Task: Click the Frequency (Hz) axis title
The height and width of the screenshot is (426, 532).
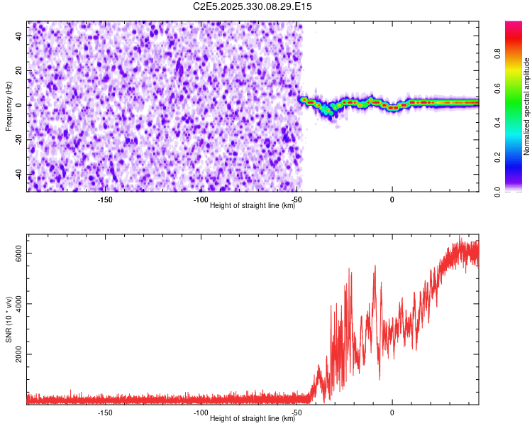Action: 9,106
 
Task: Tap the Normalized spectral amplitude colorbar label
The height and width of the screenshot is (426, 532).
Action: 527,106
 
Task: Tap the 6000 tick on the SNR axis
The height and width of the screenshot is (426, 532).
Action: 19,253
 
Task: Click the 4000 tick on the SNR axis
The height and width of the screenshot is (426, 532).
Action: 19,304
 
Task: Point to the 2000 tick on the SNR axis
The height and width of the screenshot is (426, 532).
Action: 19,354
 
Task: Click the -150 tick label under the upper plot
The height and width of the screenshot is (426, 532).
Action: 104,200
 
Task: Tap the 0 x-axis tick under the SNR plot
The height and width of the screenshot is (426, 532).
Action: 392,413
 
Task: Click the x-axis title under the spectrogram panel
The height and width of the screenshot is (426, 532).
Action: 253,206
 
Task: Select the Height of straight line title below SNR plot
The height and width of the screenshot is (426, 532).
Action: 253,419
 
